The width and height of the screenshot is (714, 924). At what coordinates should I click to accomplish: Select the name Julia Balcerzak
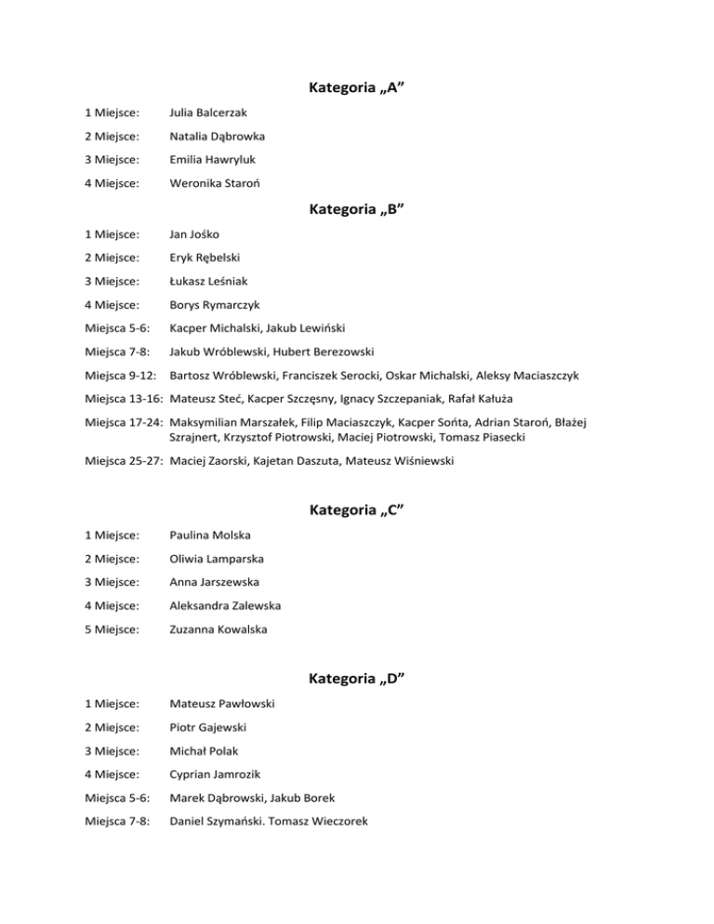(x=207, y=113)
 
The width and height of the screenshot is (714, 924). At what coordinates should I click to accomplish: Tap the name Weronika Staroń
(x=214, y=183)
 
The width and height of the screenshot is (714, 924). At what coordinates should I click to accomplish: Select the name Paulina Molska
(x=209, y=535)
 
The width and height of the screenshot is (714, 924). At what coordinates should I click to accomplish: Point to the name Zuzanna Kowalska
(x=218, y=628)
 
